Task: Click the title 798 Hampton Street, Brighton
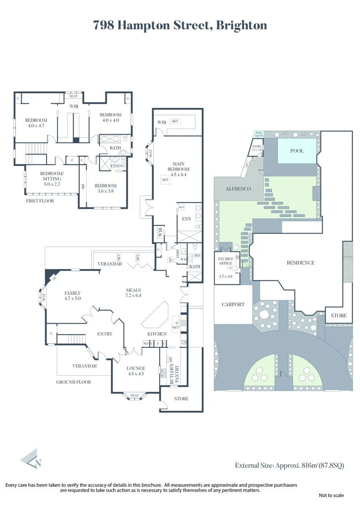tap(180, 25)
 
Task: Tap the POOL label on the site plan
tap(296, 151)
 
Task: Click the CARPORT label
tap(233, 304)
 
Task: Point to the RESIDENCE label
tap(300, 263)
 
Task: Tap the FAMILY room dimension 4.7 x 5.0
tap(73, 298)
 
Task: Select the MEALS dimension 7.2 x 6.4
tap(134, 296)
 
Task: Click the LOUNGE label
tap(136, 368)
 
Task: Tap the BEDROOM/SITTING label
tap(51, 175)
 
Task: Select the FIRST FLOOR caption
tap(40, 201)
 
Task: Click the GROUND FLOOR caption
tap(74, 382)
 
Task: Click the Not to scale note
tap(331, 495)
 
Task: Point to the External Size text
tap(290, 466)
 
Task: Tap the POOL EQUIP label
tap(259, 134)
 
